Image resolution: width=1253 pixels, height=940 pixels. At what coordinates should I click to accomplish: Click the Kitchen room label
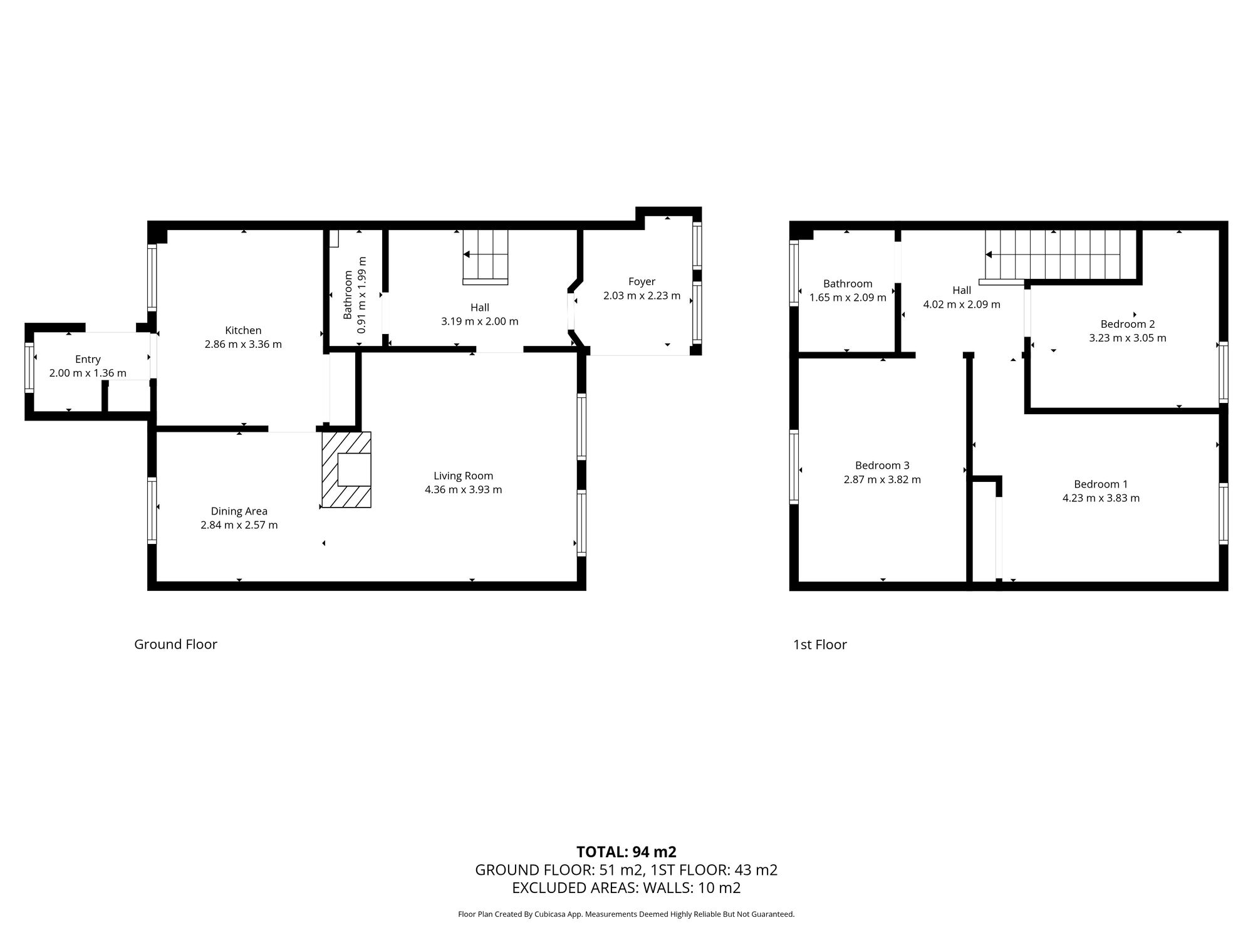coord(243,330)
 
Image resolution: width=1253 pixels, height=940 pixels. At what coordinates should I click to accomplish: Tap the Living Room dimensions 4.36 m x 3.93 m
coord(463,489)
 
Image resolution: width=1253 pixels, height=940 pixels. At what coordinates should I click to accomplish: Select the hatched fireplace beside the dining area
coord(346,469)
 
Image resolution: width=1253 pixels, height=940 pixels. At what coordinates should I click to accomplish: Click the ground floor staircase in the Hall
coord(485,256)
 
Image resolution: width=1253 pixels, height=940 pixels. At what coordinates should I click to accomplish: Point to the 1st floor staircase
coord(1060,255)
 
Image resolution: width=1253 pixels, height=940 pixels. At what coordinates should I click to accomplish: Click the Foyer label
coord(642,281)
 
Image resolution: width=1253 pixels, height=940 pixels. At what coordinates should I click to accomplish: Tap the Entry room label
coord(88,359)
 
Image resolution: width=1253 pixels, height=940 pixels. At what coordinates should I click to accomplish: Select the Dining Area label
coord(239,511)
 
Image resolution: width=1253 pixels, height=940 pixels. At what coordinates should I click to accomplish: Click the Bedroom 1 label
coord(1101,484)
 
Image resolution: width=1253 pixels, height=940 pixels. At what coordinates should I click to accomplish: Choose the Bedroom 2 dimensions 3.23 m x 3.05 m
coord(1128,338)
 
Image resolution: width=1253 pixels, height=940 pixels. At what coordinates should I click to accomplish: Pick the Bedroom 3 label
coord(882,465)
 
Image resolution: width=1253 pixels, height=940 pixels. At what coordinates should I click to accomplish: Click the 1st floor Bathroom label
coord(848,283)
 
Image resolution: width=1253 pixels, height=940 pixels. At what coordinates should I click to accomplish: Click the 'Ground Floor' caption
coord(175,644)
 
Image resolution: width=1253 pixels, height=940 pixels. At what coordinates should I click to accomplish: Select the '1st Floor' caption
coord(819,644)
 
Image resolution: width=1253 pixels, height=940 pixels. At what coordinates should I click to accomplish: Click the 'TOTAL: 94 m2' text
coord(626,852)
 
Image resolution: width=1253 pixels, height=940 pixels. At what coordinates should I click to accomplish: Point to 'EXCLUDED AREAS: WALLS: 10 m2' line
coord(626,887)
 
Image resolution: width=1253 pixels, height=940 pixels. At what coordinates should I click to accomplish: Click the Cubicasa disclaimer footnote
coord(626,914)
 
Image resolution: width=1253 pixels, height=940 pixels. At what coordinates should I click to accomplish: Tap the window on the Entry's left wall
coord(29,368)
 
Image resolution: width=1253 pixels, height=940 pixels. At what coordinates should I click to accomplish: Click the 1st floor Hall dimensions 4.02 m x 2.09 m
coord(962,305)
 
